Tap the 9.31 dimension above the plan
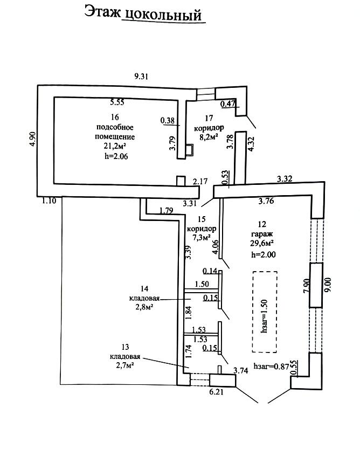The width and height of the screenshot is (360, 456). [x=141, y=77]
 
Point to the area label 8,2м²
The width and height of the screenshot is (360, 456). [x=207, y=137]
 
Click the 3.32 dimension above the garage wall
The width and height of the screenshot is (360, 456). [x=284, y=178]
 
